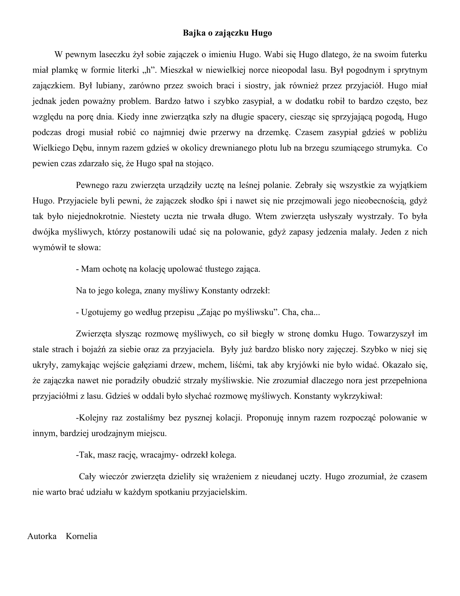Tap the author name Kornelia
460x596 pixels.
[x=81, y=536]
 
